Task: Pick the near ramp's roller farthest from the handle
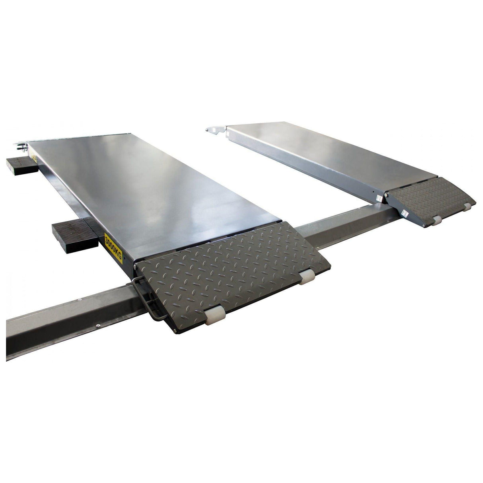click(307, 277)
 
